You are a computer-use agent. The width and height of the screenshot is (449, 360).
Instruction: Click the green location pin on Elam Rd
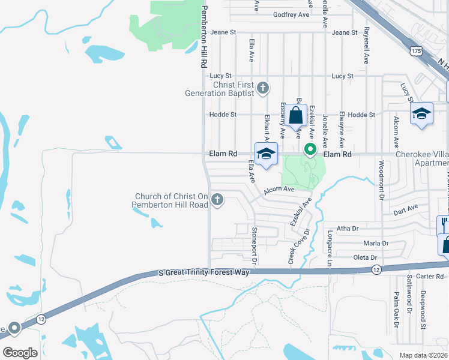pyautogui.click(x=310, y=149)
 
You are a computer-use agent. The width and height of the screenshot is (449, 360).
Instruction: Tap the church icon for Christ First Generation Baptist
pyautogui.click(x=262, y=89)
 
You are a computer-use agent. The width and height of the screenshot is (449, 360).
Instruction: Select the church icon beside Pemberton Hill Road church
pyautogui.click(x=217, y=200)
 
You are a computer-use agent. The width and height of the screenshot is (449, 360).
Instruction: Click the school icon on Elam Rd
pyautogui.click(x=266, y=154)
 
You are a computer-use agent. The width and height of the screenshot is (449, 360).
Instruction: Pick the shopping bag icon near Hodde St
pyautogui.click(x=295, y=115)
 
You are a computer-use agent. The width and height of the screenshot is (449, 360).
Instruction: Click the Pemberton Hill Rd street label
pyautogui.click(x=204, y=36)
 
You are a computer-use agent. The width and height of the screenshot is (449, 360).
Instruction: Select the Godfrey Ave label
pyautogui.click(x=291, y=14)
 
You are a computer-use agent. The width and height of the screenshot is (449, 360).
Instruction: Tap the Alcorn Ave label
pyautogui.click(x=279, y=189)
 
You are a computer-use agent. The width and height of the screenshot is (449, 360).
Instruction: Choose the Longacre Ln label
pyautogui.click(x=330, y=248)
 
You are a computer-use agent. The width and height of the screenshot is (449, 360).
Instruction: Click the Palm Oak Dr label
pyautogui.click(x=396, y=309)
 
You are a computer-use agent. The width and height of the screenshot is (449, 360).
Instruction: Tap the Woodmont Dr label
pyautogui.click(x=381, y=180)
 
